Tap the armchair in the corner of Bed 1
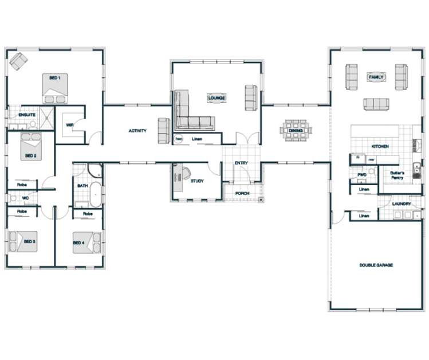pyautogui.click(x=18, y=60)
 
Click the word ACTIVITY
pyautogui.click(x=137, y=131)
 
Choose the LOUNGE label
pyautogui.click(x=217, y=98)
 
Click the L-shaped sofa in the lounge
pyautogui.click(x=189, y=115)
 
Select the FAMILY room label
pyautogui.click(x=376, y=77)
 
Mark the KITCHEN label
pyautogui.click(x=380, y=147)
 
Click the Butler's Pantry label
pyautogui.click(x=397, y=175)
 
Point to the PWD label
pyautogui.click(x=361, y=174)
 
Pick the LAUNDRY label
pyautogui.click(x=401, y=204)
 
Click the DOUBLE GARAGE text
pyautogui.click(x=376, y=265)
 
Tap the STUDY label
pyautogui.click(x=197, y=181)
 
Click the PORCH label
pyautogui.click(x=242, y=193)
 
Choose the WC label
pyautogui.click(x=25, y=198)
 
